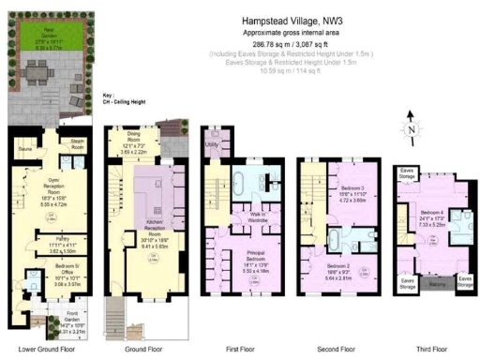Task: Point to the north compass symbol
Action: tap(412, 132)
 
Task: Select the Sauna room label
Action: tap(25, 147)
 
